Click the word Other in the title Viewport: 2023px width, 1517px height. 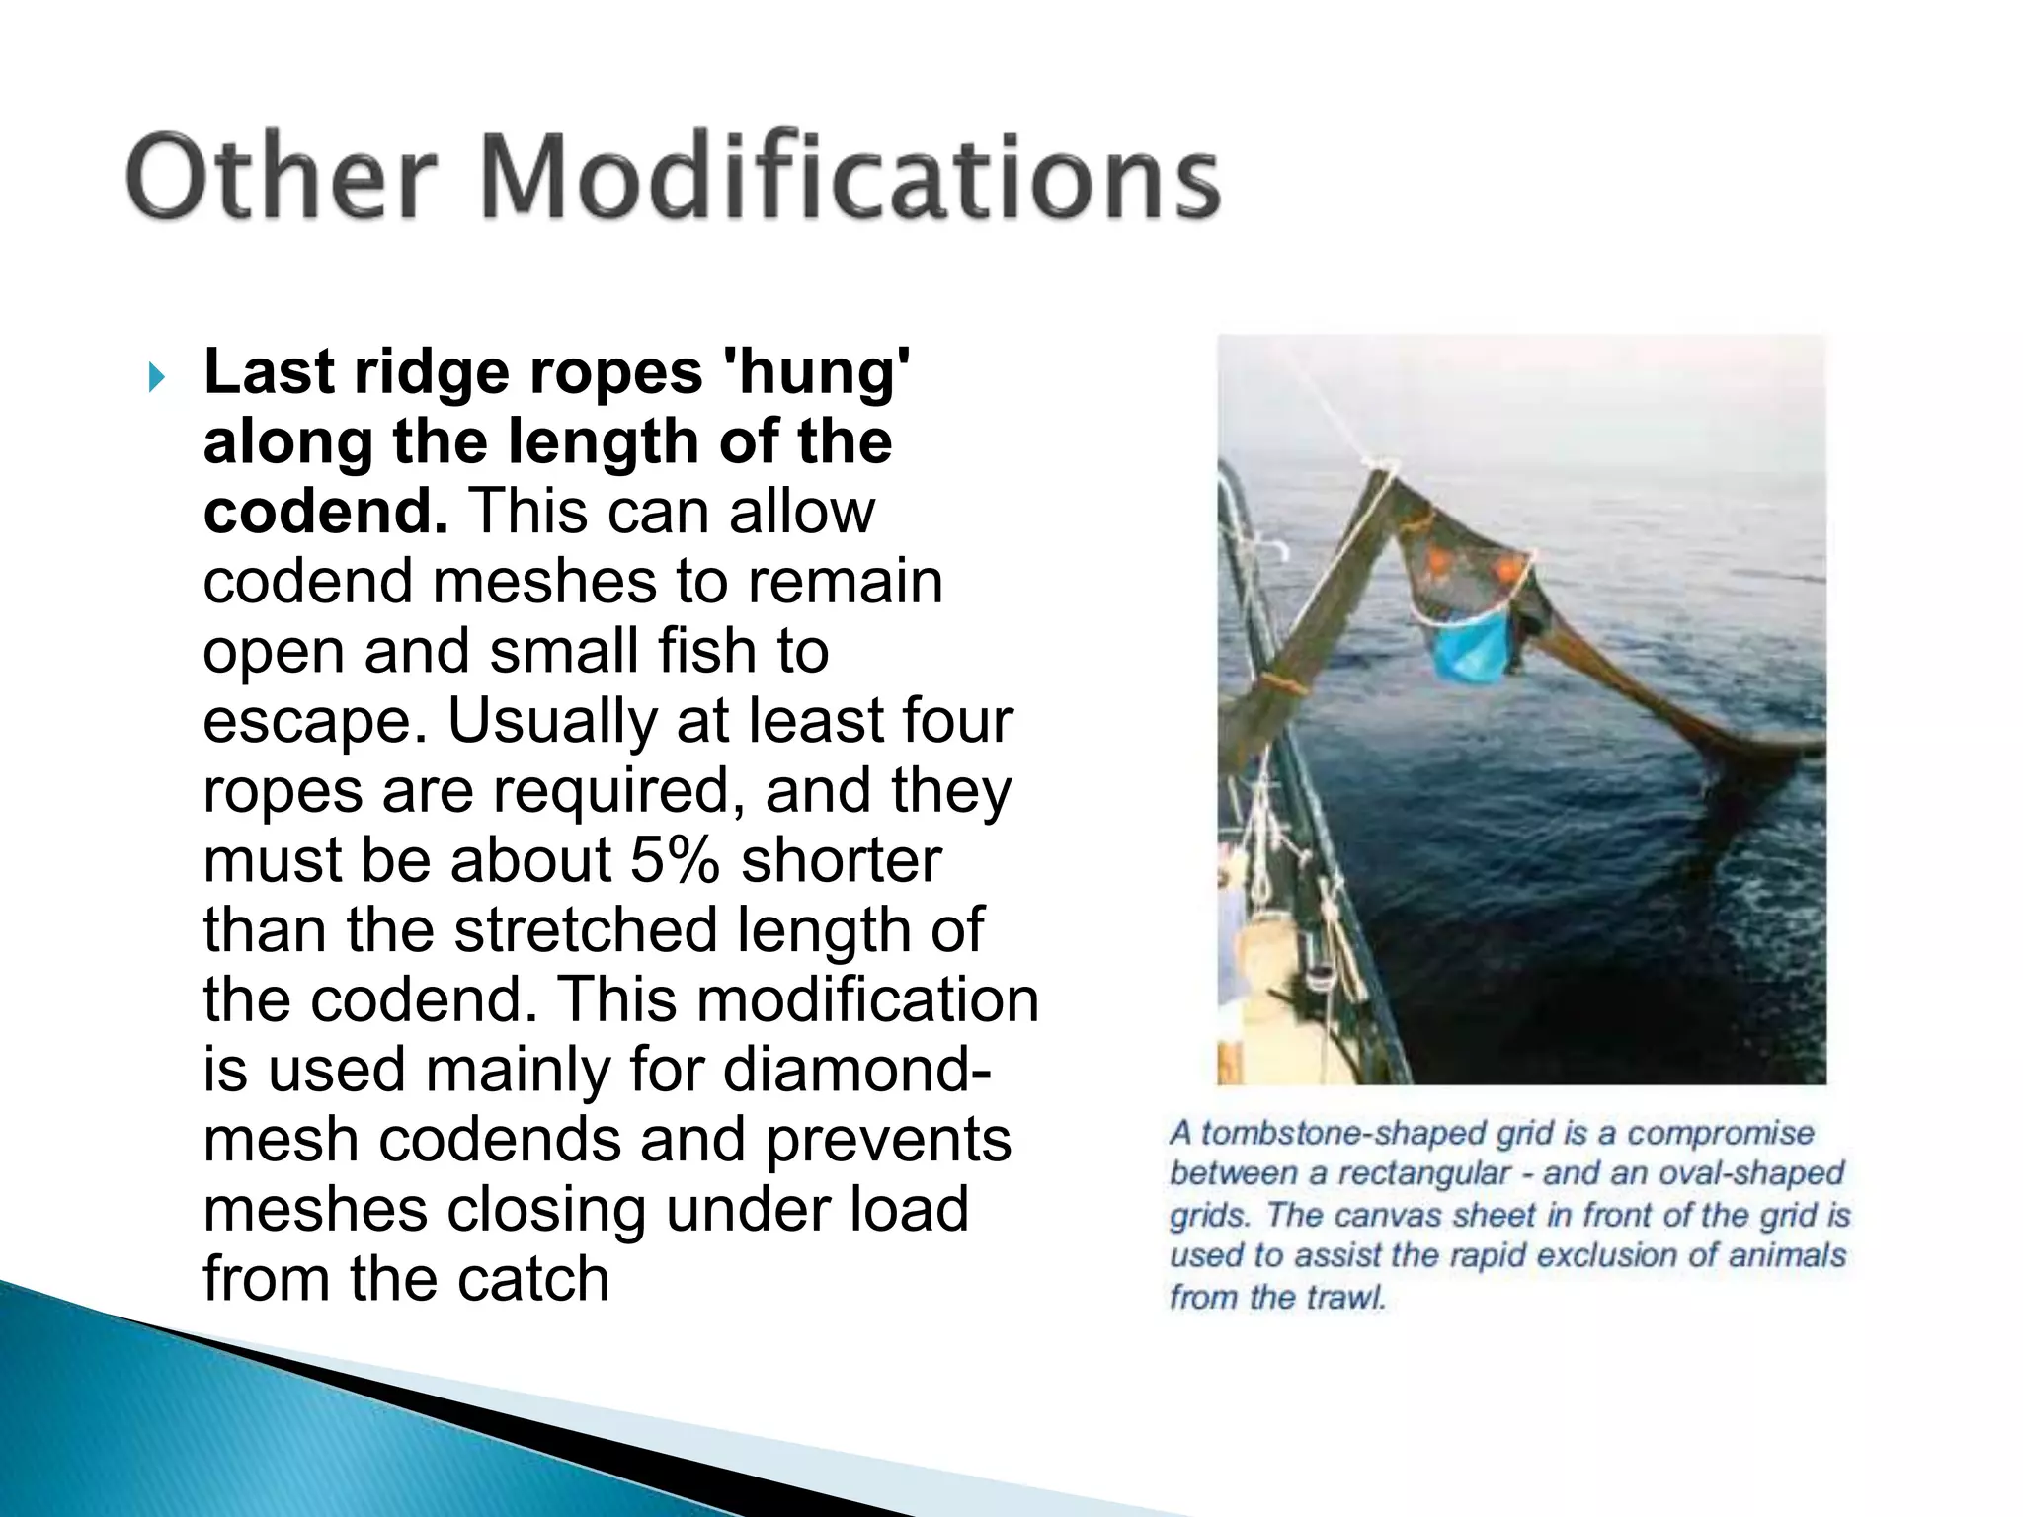click(281, 178)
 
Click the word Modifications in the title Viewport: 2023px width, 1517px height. click(850, 178)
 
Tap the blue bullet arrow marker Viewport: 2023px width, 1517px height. click(156, 376)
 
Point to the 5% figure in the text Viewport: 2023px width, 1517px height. click(675, 860)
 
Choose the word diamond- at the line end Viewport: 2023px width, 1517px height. click(856, 1070)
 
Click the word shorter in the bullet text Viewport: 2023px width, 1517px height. click(841, 860)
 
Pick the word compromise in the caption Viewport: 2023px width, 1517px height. click(1721, 1133)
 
